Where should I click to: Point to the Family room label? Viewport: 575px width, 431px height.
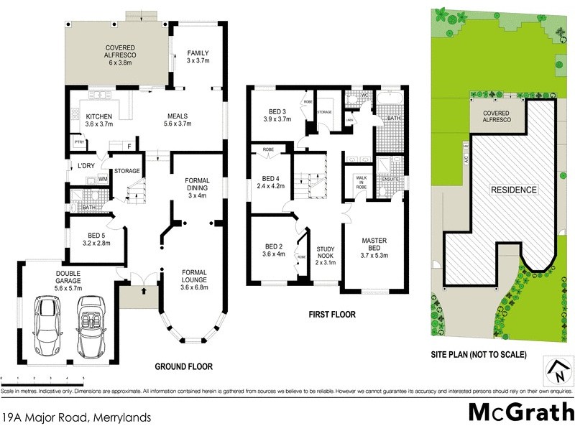[198, 58]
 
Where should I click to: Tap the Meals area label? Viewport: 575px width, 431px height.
[178, 120]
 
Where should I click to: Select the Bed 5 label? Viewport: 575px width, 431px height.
[95, 239]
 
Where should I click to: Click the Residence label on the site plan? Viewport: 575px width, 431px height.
[513, 190]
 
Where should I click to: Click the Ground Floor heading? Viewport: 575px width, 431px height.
[184, 366]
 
